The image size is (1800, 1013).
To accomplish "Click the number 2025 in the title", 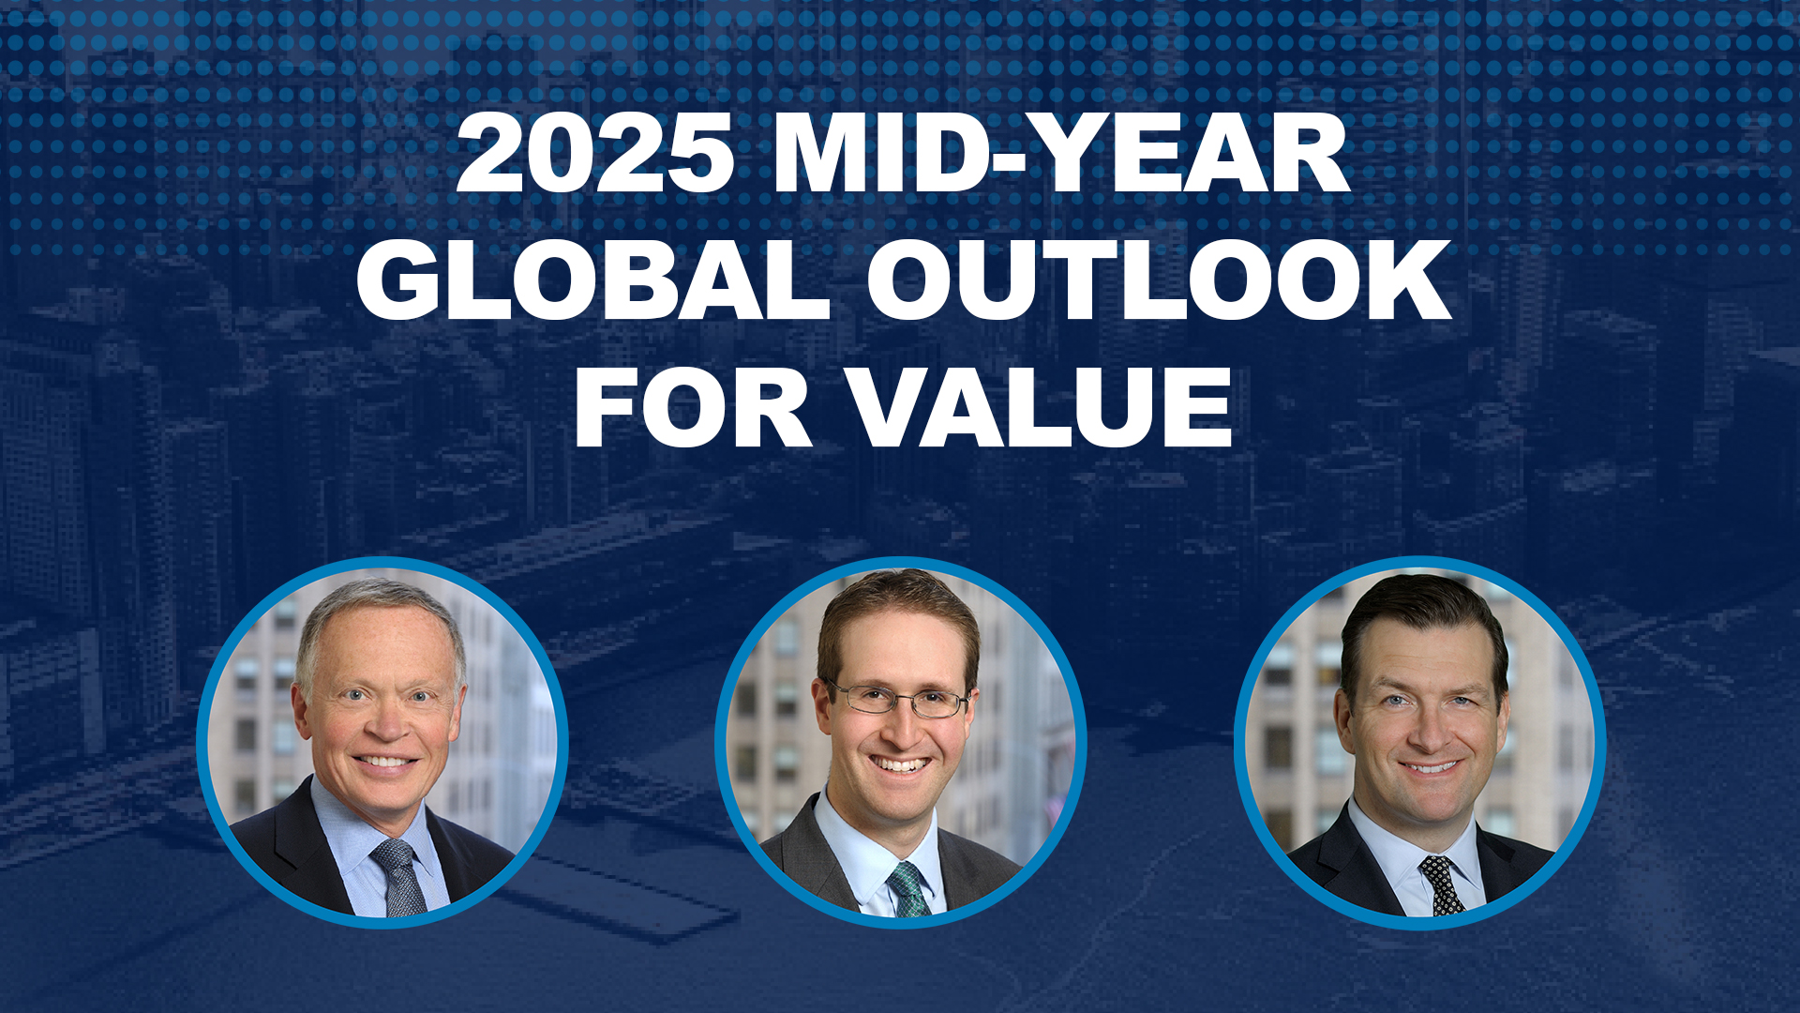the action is point(595,153).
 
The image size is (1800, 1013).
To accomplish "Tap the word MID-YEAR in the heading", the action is point(1061,153).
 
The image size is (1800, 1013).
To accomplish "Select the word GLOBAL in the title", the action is point(592,280).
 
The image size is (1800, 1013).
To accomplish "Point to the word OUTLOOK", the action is point(1158,280).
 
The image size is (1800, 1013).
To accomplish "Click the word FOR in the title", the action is point(693,407).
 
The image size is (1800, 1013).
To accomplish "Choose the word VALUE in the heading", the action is point(1042,407).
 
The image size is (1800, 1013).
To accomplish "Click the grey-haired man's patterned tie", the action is point(400,877).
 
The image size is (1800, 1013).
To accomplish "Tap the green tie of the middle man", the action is point(907,888).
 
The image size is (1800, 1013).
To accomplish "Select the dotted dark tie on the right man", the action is point(1441,884).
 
